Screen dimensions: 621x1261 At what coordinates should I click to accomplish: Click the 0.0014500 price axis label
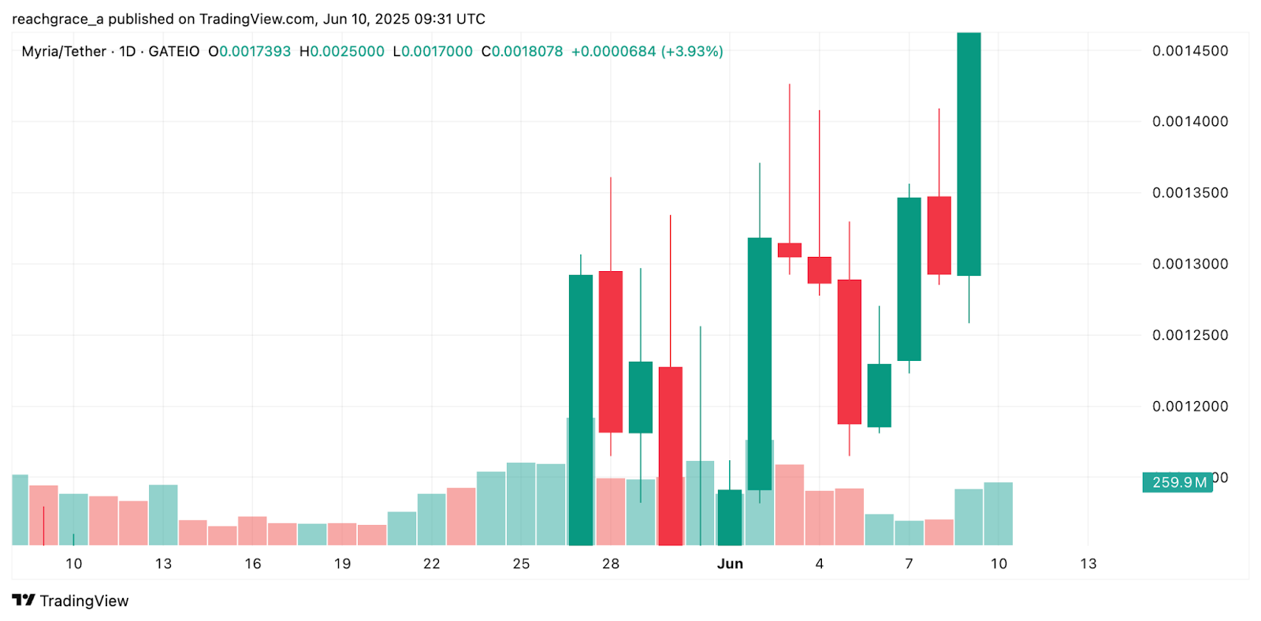tap(1189, 51)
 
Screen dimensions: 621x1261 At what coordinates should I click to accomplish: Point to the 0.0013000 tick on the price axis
tap(1189, 264)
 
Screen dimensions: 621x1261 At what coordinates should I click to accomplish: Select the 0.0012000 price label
tap(1189, 407)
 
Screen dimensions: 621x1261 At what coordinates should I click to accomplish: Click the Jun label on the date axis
tap(730, 563)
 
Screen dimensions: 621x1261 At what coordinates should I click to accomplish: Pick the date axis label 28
tap(611, 563)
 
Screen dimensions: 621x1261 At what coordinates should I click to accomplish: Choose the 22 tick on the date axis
tap(432, 563)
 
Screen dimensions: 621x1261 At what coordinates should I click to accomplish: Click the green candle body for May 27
tap(581, 410)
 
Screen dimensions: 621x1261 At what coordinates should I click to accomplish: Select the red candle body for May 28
tap(611, 351)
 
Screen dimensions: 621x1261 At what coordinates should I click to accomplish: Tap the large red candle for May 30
tap(671, 456)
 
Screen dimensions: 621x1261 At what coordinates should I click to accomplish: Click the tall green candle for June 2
tap(760, 363)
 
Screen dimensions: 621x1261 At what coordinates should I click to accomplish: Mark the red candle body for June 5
tap(850, 351)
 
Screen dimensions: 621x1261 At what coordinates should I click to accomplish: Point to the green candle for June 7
tap(909, 279)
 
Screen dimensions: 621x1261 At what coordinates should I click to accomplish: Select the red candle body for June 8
tap(939, 235)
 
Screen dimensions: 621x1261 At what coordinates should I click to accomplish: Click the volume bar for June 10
tap(999, 514)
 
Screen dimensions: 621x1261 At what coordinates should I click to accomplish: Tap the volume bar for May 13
tap(163, 515)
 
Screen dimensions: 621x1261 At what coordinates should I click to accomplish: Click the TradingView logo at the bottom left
tap(70, 601)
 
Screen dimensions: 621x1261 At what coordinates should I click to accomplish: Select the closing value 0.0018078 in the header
tap(527, 51)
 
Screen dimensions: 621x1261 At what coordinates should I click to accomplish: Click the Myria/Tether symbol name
tap(64, 51)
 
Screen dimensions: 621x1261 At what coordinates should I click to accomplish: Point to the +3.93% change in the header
tap(692, 51)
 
